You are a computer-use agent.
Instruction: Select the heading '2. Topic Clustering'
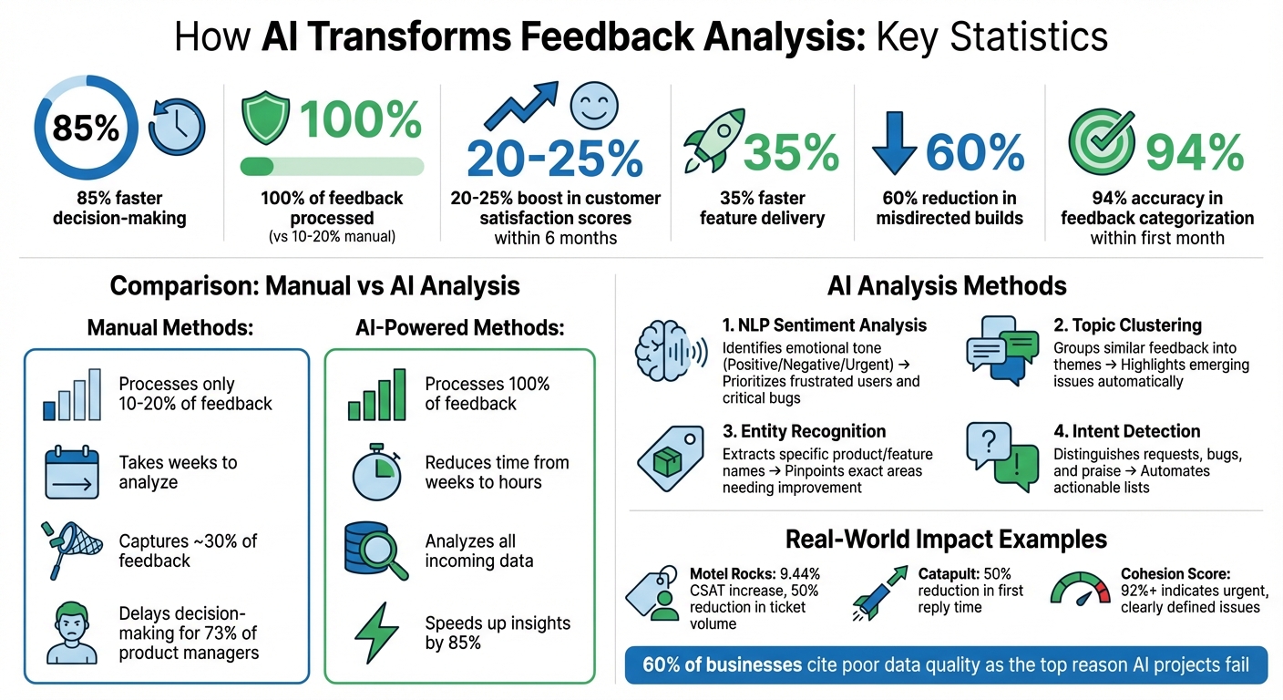(x=1127, y=325)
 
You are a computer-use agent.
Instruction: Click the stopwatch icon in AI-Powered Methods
(x=376, y=472)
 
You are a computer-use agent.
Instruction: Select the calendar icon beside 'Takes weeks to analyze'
(x=70, y=473)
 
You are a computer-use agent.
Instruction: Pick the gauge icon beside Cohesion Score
(x=1083, y=590)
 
